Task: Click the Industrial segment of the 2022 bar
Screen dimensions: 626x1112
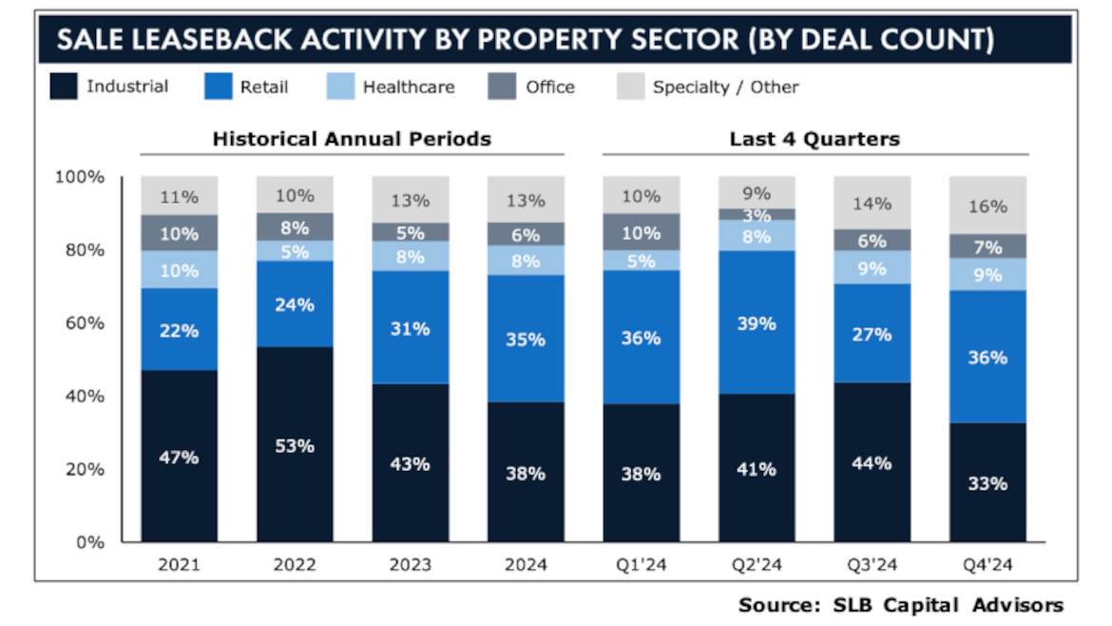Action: (x=295, y=444)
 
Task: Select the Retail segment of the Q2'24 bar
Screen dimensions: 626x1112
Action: (x=757, y=323)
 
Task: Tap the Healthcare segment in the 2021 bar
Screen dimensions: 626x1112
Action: (x=180, y=270)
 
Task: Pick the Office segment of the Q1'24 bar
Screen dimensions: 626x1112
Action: (x=641, y=232)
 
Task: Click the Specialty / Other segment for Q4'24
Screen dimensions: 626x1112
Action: (x=987, y=205)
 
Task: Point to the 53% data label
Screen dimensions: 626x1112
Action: (x=295, y=445)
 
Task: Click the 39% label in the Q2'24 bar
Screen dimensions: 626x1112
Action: (x=757, y=323)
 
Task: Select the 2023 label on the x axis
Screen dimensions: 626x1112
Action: (x=410, y=565)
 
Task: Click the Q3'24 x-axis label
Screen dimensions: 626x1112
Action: (x=872, y=565)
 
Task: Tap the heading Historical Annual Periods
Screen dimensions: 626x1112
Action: (x=352, y=139)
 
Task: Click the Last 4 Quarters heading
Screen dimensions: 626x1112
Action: (x=815, y=139)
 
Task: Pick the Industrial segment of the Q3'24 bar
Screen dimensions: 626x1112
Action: (x=872, y=462)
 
